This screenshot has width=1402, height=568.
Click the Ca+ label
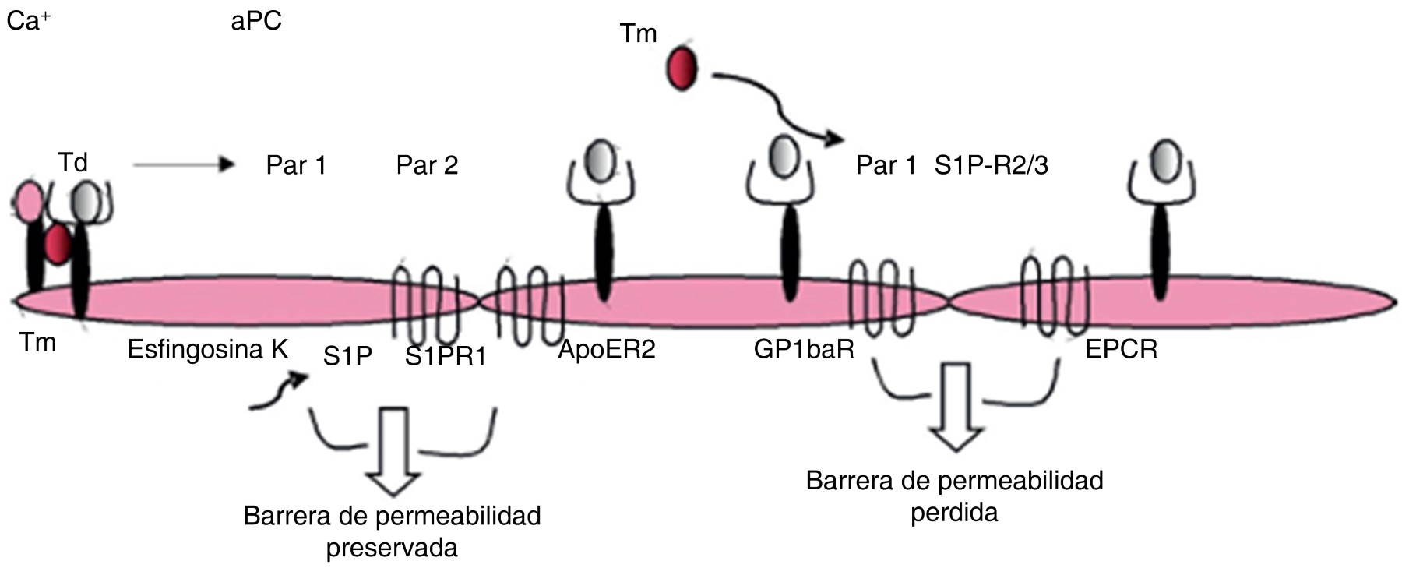(29, 21)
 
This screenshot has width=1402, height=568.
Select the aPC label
(256, 21)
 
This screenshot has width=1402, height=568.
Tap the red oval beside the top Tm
(682, 69)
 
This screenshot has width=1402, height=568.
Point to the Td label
(72, 162)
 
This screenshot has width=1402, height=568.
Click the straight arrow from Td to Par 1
(183, 164)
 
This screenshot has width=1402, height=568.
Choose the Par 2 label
(427, 165)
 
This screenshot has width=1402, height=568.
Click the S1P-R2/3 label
(991, 165)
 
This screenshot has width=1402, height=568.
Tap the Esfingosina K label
(207, 350)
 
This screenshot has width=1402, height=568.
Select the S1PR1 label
(446, 357)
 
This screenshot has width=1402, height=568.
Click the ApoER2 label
(607, 350)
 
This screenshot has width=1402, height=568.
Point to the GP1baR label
(804, 350)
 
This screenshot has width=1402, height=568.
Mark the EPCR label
(1121, 350)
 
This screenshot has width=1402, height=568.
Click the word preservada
(392, 548)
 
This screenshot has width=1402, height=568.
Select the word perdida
(954, 513)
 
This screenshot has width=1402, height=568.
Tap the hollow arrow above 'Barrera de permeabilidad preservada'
(393, 451)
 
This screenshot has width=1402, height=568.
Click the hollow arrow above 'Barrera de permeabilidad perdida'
(956, 407)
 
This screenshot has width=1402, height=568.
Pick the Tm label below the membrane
(37, 342)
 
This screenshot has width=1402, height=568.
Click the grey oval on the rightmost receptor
(1164, 160)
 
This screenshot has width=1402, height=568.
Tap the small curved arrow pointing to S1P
(278, 391)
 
